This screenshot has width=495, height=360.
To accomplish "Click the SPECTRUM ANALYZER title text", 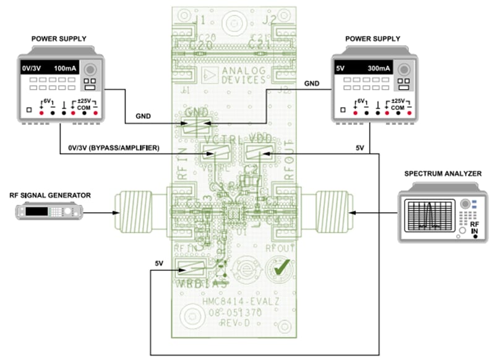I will (442, 174).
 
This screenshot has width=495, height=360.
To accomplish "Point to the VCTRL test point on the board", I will (213, 150).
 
